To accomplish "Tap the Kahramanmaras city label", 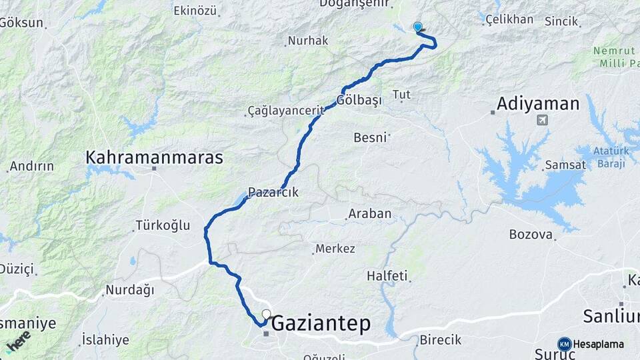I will (x=154, y=157).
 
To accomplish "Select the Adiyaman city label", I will (x=538, y=104).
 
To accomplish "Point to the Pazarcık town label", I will (x=273, y=193).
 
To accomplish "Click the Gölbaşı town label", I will (x=359, y=100).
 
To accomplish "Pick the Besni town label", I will (x=370, y=138).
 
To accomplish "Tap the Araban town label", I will (x=369, y=214).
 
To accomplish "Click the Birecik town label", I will (x=440, y=340).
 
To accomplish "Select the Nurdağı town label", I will (x=129, y=290).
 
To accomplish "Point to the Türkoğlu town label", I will (x=163, y=225).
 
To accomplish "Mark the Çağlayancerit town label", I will (x=285, y=110).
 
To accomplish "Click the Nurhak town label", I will (x=308, y=41).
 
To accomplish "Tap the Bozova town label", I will (x=531, y=234).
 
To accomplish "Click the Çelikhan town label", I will (x=509, y=19).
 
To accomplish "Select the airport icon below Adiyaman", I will (x=542, y=120).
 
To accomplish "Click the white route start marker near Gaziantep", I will (x=267, y=314).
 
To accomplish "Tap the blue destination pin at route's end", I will (x=418, y=27).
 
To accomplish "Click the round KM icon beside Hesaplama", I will (x=565, y=344).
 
